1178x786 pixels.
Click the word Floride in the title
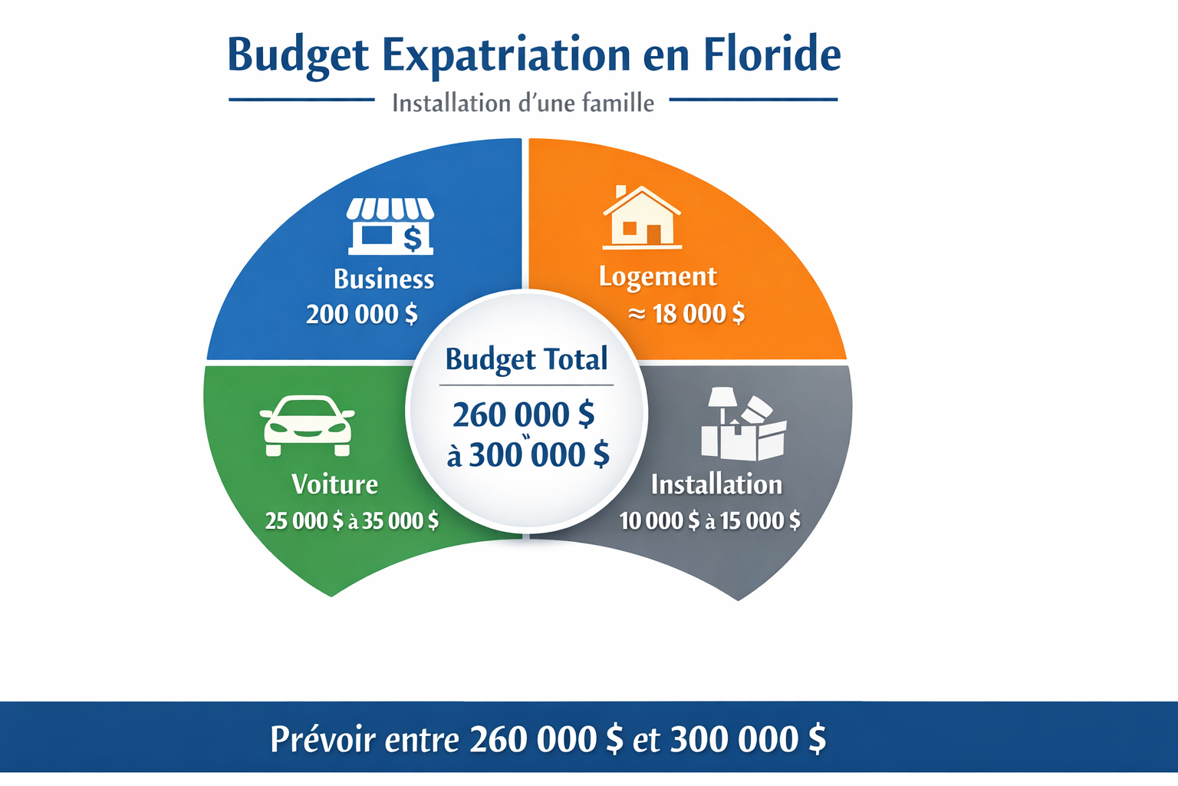(x=772, y=54)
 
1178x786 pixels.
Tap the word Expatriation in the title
(x=506, y=57)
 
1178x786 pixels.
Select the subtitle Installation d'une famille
(x=523, y=103)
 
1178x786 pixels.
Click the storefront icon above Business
(x=390, y=226)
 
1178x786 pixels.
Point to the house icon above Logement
(x=642, y=217)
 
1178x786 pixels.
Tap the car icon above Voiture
(x=308, y=425)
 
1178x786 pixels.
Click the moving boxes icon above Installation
(x=744, y=424)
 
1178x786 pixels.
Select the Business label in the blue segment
(x=384, y=279)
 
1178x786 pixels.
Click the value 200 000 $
(x=362, y=314)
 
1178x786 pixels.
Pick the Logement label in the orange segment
(x=658, y=277)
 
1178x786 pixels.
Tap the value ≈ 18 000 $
(x=686, y=314)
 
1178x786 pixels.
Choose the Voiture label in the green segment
(x=335, y=484)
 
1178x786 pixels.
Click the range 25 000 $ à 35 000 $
(x=352, y=520)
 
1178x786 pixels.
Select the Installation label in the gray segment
(x=717, y=484)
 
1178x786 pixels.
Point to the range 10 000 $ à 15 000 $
(x=710, y=520)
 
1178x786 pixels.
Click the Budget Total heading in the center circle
(x=526, y=360)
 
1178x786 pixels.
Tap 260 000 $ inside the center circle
(x=524, y=414)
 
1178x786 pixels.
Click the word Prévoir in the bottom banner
(x=323, y=739)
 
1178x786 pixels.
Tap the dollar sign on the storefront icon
(x=413, y=239)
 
